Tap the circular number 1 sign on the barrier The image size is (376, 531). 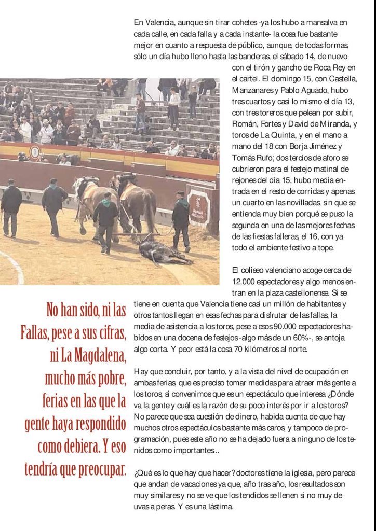point(35,152)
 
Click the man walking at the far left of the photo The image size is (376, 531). point(11,207)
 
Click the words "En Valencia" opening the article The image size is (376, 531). point(151,22)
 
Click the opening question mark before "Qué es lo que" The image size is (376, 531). point(136,473)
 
